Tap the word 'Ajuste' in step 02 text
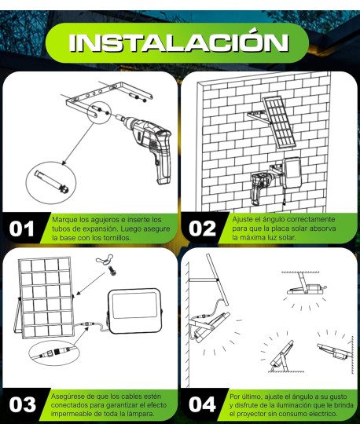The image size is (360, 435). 243,219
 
